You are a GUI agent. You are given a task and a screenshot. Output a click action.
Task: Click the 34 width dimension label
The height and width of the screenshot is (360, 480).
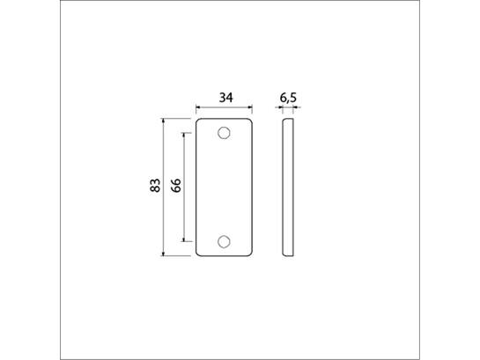[x=226, y=98]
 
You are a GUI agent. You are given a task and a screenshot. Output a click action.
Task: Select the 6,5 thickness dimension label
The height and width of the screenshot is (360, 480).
[x=288, y=98]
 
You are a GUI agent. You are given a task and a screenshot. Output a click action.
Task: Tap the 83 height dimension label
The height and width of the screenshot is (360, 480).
[x=155, y=185]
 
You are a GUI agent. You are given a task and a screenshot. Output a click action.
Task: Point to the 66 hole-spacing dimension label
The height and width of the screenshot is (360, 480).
[x=176, y=186]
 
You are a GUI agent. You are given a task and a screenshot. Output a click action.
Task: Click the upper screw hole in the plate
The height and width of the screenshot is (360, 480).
[x=224, y=133]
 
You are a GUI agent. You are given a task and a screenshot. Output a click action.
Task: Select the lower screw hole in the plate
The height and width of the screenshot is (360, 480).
[x=224, y=241]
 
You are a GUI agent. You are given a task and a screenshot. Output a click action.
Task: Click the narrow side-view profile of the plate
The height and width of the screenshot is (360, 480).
[x=288, y=187]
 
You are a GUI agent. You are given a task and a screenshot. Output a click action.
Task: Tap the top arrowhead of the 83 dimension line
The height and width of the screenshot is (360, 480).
[x=163, y=121]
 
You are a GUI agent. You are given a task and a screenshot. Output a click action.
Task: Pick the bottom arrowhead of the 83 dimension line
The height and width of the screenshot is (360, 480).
[x=163, y=253]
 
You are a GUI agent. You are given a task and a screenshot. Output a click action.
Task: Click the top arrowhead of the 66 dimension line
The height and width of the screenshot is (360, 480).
[x=184, y=136]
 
